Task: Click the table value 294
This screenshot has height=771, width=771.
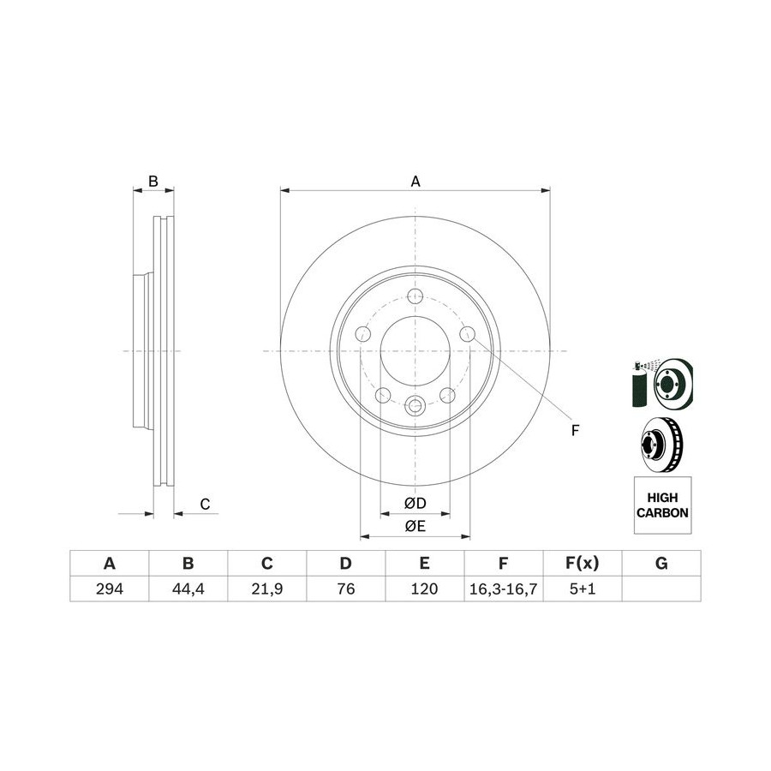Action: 109,589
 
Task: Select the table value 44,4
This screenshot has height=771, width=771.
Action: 188,589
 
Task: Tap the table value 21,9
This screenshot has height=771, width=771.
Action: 267,589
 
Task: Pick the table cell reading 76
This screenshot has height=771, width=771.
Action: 346,589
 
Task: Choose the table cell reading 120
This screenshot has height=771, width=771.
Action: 424,589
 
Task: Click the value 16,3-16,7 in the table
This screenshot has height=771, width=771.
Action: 503,589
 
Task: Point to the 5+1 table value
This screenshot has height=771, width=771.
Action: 583,589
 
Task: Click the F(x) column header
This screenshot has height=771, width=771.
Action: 583,563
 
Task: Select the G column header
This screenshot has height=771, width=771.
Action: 661,563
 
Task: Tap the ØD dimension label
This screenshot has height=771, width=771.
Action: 415,504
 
